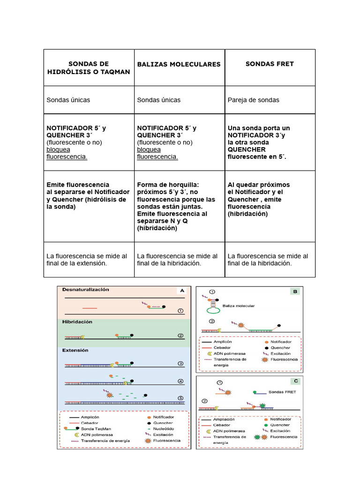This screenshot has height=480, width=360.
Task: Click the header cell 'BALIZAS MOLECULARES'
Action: (x=179, y=64)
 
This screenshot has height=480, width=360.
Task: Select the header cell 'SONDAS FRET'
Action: (x=270, y=64)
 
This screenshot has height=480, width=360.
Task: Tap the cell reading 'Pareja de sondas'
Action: (x=253, y=100)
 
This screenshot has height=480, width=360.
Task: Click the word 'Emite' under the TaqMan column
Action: (x=56, y=185)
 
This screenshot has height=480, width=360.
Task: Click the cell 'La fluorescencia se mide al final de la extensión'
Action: (x=87, y=260)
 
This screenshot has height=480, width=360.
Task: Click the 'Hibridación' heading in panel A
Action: (x=77, y=322)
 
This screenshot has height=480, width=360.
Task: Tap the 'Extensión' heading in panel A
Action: (x=75, y=350)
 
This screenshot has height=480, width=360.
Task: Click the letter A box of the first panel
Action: (x=181, y=291)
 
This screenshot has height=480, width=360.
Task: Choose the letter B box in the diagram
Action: (x=295, y=292)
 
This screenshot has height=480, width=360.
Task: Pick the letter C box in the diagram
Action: (x=295, y=381)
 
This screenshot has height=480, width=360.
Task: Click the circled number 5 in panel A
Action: (x=180, y=398)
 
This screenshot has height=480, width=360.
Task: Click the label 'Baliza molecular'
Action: (x=239, y=306)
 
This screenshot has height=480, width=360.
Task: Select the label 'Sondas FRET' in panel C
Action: (x=283, y=392)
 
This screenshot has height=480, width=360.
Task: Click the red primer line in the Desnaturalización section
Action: (x=90, y=308)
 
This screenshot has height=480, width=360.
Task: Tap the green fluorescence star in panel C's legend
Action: (x=256, y=437)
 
